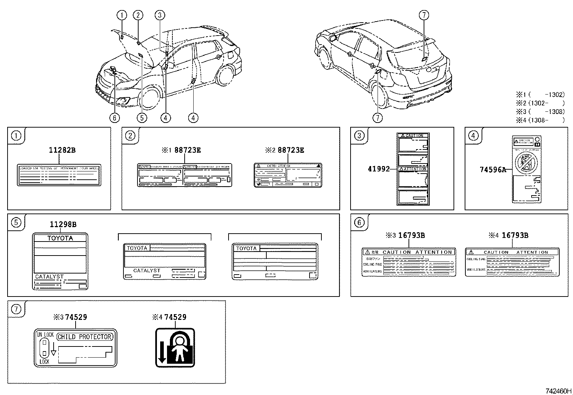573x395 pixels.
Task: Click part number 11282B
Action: click(x=62, y=150)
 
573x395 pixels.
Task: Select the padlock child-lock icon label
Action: click(x=175, y=348)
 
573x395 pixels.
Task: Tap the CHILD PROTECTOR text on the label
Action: click(x=85, y=337)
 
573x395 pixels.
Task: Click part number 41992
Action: click(x=379, y=169)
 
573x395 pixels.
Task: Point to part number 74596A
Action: click(x=493, y=170)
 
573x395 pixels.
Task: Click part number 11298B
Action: click(x=63, y=225)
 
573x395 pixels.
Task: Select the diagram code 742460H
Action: click(x=558, y=391)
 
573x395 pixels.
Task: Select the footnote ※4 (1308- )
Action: click(x=540, y=120)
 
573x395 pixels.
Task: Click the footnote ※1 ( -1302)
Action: click(x=540, y=95)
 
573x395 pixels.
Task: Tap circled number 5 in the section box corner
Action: click(x=16, y=223)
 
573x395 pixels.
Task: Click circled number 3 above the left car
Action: click(x=160, y=15)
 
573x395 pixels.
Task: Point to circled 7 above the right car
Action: click(x=424, y=15)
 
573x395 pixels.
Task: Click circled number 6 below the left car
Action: click(x=114, y=118)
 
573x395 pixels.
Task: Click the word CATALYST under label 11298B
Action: click(x=49, y=277)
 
